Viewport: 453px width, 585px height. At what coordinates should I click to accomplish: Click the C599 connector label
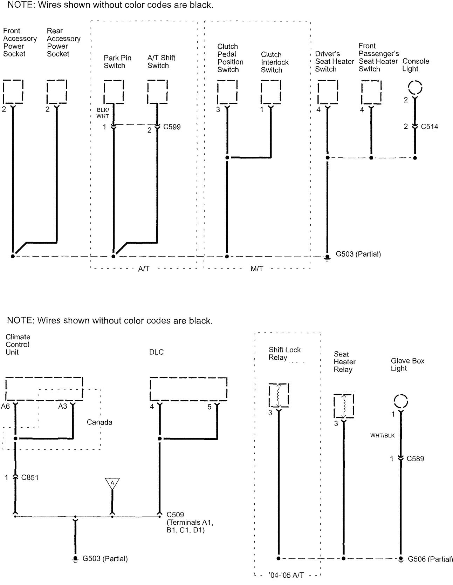(x=172, y=127)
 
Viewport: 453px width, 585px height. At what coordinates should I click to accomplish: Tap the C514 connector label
(x=430, y=127)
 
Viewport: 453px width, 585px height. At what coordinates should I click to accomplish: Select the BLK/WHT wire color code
(x=103, y=113)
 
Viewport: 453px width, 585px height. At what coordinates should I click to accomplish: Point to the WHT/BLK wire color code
(x=383, y=436)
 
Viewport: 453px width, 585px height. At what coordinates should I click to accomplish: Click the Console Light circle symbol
(x=415, y=87)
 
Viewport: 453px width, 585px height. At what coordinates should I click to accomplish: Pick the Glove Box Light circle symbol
(x=401, y=401)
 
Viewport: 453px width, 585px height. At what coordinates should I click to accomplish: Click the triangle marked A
(x=112, y=483)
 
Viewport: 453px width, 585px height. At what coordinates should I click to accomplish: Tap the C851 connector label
(x=30, y=477)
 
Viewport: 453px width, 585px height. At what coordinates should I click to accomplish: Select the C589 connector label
(x=416, y=458)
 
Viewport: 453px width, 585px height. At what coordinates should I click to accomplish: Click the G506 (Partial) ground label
(x=430, y=559)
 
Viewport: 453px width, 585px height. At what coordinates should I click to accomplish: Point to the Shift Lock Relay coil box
(x=279, y=395)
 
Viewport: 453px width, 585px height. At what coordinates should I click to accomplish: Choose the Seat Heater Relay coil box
(x=344, y=406)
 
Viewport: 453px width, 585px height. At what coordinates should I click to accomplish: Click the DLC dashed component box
(x=188, y=389)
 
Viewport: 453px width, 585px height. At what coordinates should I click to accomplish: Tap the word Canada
(x=99, y=422)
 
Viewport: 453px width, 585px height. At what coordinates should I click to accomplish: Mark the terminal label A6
(x=5, y=406)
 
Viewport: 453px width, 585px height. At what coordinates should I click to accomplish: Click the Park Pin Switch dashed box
(x=114, y=92)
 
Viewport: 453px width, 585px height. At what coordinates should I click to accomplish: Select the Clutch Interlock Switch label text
(x=275, y=62)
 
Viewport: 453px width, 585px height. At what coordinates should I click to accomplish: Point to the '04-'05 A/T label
(x=286, y=575)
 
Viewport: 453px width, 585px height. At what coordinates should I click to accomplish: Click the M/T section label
(x=257, y=269)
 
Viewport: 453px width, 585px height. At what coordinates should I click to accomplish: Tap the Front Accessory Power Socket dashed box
(x=13, y=91)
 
